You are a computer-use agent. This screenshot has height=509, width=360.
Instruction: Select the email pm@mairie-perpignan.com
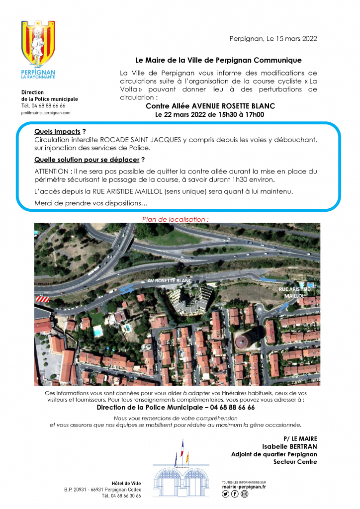[46, 113]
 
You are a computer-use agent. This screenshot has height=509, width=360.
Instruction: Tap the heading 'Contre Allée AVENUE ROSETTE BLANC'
[210, 106]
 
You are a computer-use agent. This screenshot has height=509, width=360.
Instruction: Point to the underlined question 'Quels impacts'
[57, 132]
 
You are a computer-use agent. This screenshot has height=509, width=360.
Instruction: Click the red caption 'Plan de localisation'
[175, 219]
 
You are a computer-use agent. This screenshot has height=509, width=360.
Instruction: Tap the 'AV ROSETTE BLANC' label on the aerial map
[170, 281]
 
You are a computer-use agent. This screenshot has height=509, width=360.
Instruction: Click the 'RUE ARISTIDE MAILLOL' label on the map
[294, 292]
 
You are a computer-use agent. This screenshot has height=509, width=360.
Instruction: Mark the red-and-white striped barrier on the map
[42, 299]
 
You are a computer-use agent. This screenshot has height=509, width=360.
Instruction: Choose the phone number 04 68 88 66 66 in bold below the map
[229, 407]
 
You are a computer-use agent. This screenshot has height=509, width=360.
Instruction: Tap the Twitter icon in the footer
[226, 494]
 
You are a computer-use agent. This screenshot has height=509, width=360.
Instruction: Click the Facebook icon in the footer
[235, 494]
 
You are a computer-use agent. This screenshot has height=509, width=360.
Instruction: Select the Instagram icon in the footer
[244, 494]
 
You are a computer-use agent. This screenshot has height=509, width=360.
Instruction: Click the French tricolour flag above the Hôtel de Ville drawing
[182, 449]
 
